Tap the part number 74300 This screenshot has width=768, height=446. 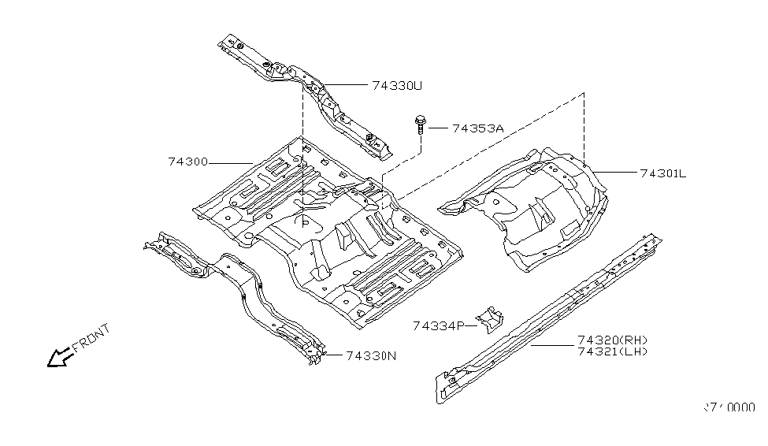[x=187, y=162]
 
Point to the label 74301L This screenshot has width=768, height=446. [x=663, y=174]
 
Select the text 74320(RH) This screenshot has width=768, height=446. [x=612, y=340]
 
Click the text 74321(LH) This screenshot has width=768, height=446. [x=612, y=351]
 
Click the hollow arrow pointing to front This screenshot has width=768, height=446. [x=59, y=358]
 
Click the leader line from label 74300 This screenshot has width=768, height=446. [x=230, y=162]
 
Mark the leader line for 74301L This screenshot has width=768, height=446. [x=618, y=172]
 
